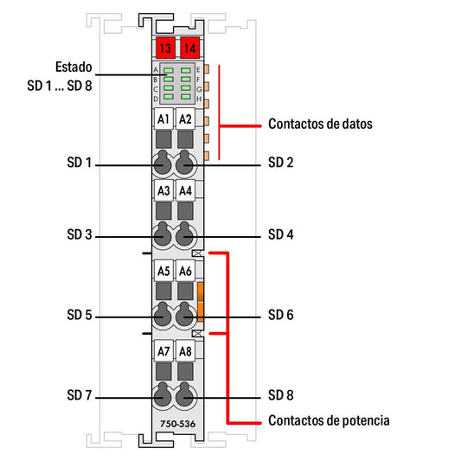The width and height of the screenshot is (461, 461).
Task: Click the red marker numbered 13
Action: click(x=165, y=48)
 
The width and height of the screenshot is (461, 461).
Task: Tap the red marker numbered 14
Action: click(x=190, y=48)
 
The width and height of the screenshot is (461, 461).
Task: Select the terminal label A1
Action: click(x=163, y=119)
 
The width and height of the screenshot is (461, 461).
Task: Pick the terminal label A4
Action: click(x=185, y=190)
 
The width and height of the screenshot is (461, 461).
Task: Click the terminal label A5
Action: click(x=163, y=271)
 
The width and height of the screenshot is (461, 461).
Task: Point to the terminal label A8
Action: click(x=185, y=351)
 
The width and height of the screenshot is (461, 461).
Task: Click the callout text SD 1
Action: click(x=80, y=163)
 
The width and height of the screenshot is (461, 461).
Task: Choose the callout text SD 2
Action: click(x=281, y=163)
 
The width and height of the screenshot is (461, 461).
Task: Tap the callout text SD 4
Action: click(x=281, y=234)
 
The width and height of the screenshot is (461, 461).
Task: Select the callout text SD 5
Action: click(x=80, y=315)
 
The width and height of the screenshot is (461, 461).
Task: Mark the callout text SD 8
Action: click(x=281, y=395)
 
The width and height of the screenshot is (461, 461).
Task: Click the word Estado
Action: click(x=74, y=67)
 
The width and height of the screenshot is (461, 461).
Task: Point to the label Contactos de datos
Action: click(x=320, y=124)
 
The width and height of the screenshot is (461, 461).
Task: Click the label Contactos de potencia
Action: click(x=329, y=420)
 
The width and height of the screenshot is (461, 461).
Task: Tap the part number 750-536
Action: click(x=177, y=424)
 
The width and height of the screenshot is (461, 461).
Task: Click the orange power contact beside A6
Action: click(x=200, y=302)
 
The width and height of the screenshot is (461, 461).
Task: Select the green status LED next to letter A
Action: click(x=169, y=71)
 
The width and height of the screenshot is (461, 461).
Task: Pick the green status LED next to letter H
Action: click(x=186, y=97)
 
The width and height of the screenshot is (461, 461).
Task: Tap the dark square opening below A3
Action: click(x=163, y=211)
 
